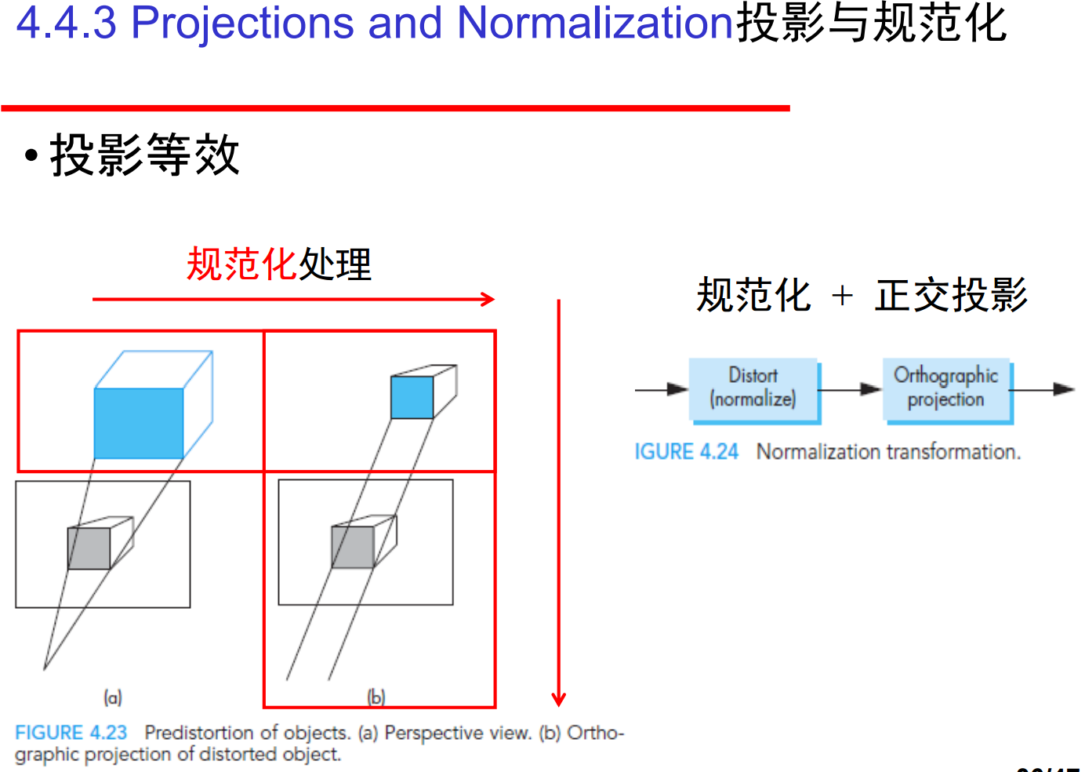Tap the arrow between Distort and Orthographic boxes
(851, 389)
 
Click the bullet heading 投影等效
(144, 155)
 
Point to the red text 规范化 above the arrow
(241, 264)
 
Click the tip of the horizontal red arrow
(492, 299)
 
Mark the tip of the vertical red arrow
(558, 704)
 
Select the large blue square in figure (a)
(139, 424)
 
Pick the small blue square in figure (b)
(412, 397)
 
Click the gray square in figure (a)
(89, 548)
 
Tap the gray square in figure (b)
(353, 547)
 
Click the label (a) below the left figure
(113, 697)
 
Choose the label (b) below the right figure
(377, 697)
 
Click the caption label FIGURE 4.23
(71, 733)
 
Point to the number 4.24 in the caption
(719, 452)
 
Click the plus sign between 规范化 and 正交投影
(842, 296)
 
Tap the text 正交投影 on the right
(951, 296)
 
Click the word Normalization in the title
(594, 23)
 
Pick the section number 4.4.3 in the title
(66, 23)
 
